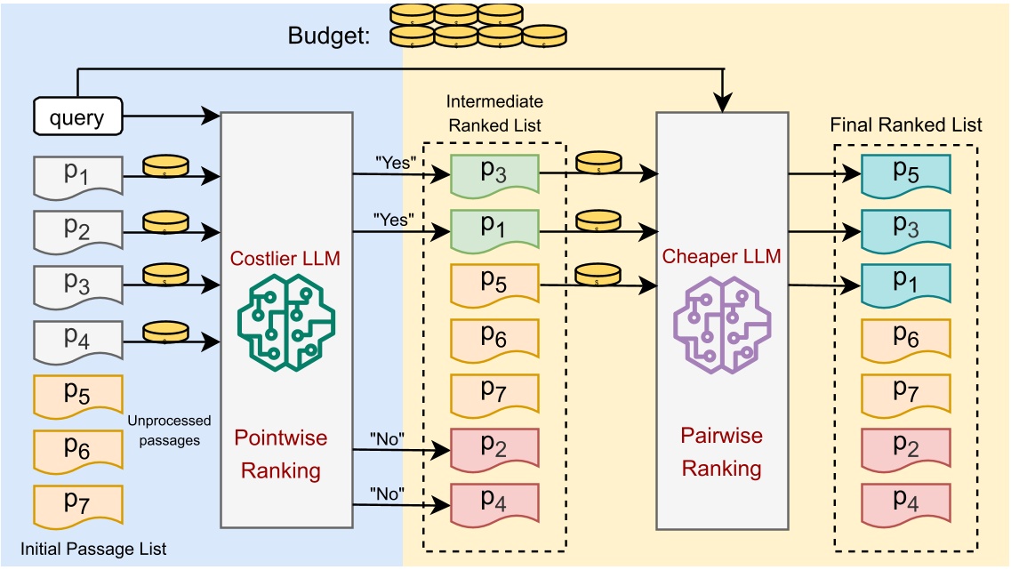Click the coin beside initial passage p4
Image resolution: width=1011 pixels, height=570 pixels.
(166, 333)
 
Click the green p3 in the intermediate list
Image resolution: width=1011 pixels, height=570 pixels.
(494, 173)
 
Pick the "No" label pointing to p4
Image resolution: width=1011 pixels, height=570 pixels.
(389, 492)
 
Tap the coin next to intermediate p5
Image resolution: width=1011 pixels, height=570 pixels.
(598, 274)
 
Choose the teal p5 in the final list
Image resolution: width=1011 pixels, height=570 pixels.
(905, 173)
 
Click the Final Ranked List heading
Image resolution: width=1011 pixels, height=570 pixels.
(906, 124)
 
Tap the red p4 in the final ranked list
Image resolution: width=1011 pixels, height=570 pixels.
(905, 502)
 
